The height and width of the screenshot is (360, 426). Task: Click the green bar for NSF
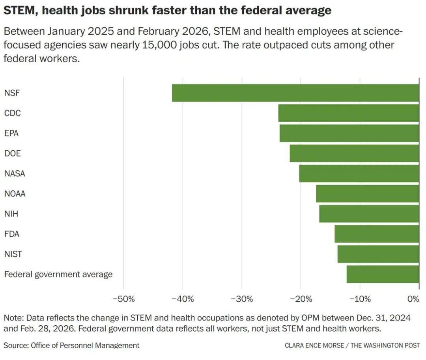(295, 93)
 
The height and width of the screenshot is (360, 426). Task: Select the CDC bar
(348, 113)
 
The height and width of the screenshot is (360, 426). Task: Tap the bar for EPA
(349, 133)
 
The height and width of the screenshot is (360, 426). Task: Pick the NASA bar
(359, 173)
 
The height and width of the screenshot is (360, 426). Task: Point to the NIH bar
(369, 214)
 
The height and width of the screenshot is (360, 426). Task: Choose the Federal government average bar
(383, 274)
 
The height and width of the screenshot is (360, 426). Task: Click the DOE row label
(12, 153)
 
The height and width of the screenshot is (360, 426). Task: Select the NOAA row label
(15, 194)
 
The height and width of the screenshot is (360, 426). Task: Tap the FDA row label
(12, 234)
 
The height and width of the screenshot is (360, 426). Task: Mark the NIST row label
(13, 254)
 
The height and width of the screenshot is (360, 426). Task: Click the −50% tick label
(123, 299)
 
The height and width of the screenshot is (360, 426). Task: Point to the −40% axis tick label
(183, 299)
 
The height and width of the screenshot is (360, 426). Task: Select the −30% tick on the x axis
(241, 299)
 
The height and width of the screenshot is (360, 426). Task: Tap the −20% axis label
(301, 299)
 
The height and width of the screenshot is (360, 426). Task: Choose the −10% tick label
(360, 299)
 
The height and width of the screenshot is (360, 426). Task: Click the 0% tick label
(413, 299)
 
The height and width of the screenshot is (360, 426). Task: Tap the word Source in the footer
(15, 345)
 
